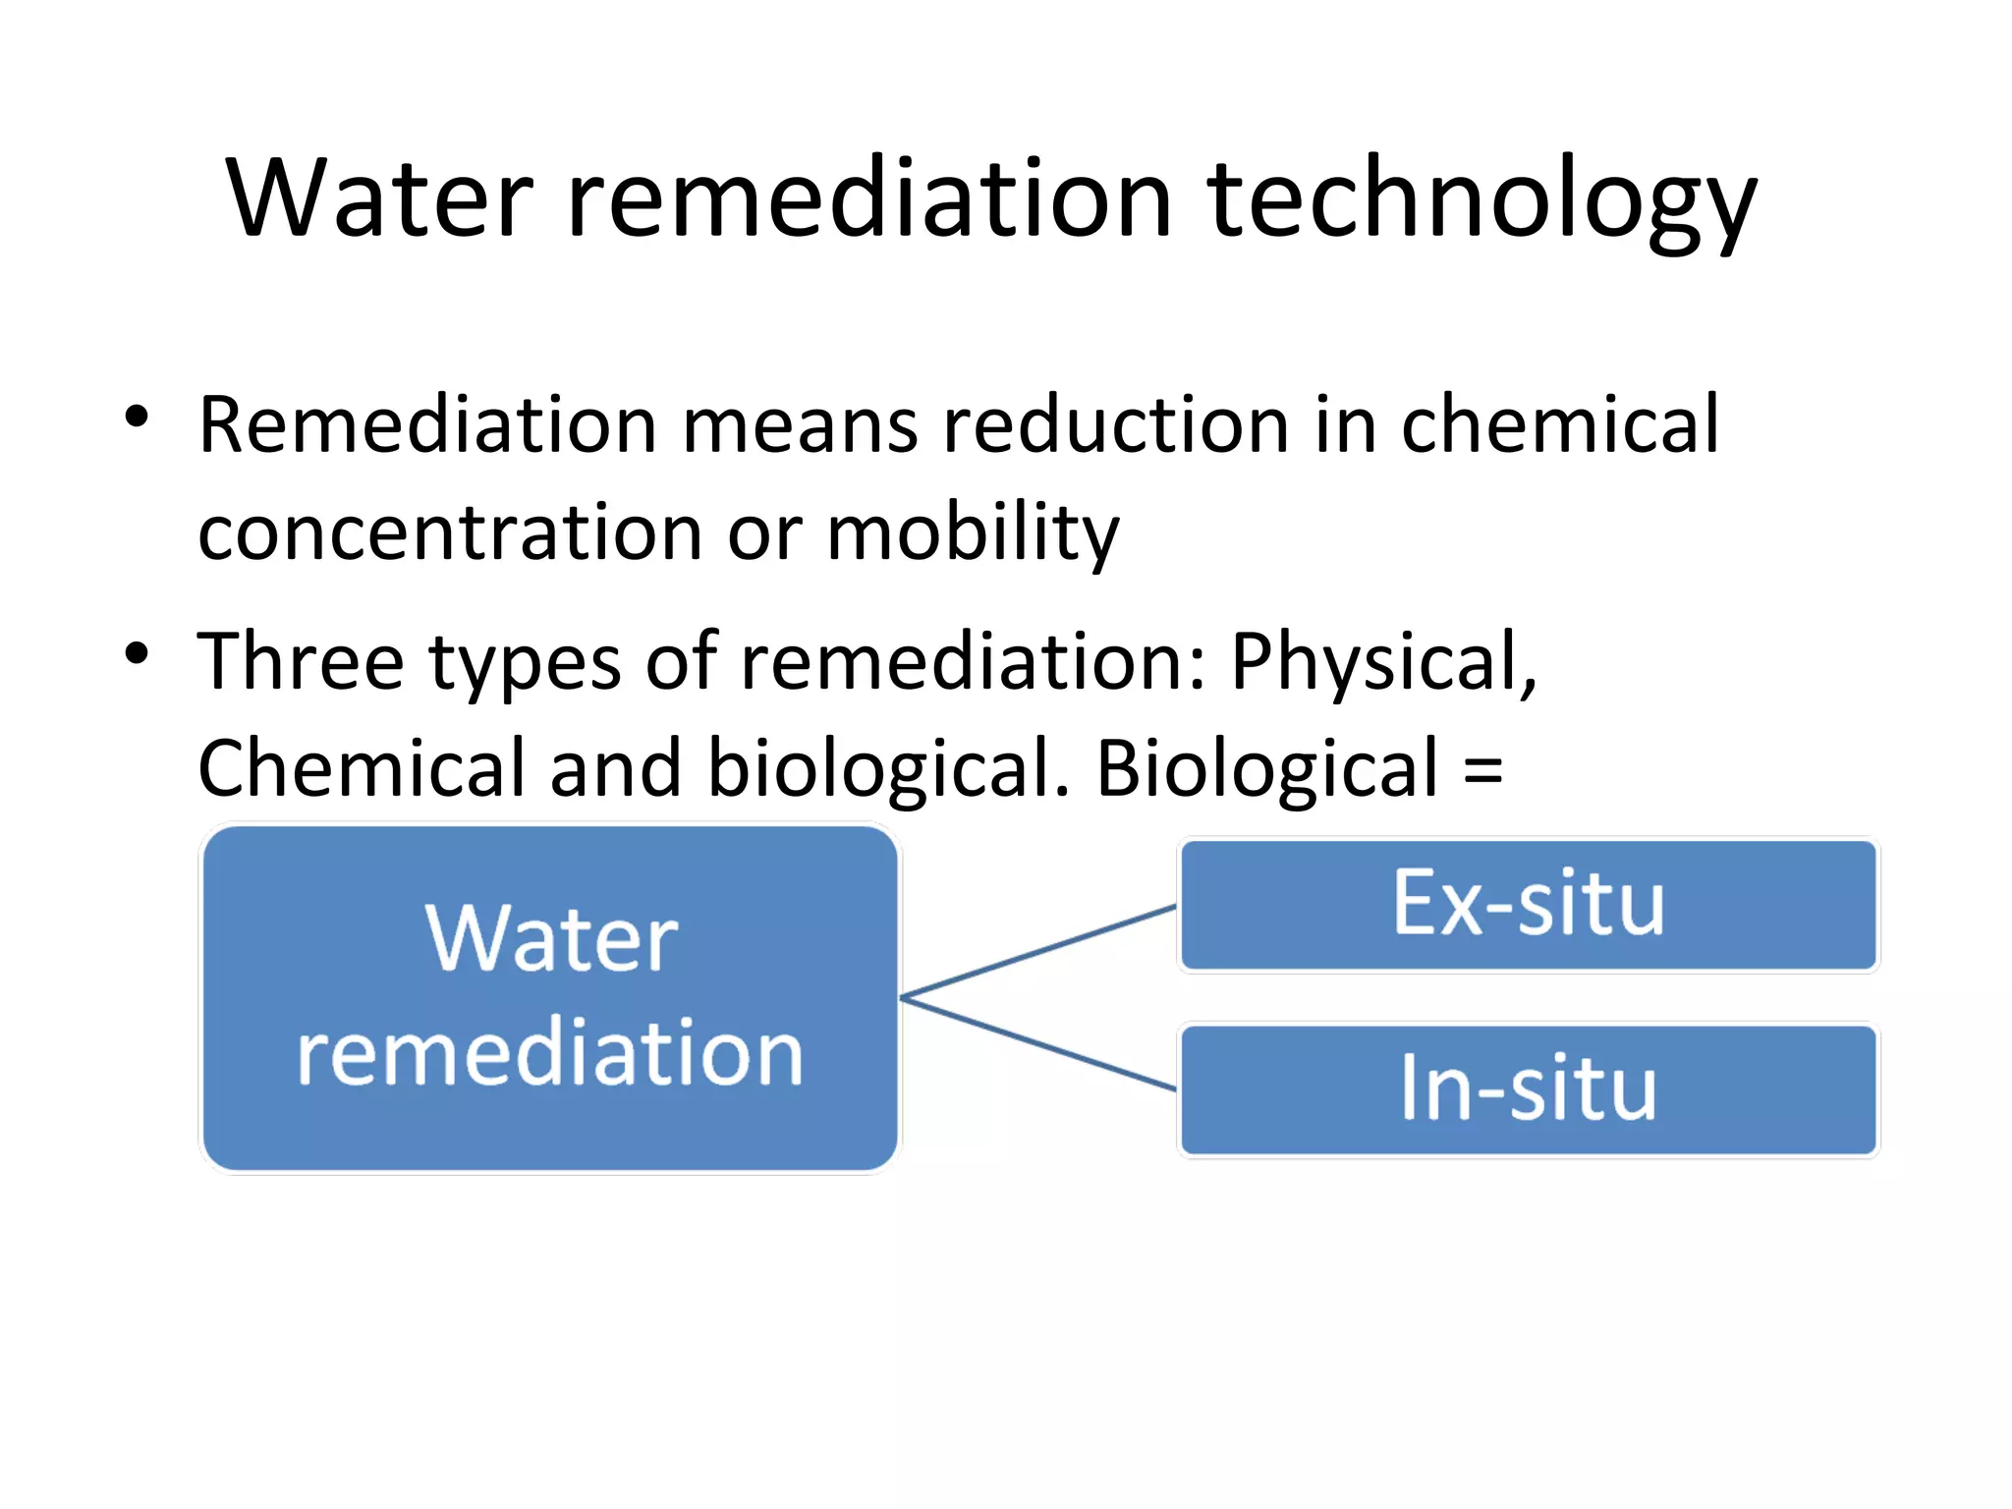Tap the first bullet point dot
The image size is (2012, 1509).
(137, 417)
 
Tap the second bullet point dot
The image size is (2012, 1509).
(137, 653)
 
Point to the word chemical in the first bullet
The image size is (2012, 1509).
(1560, 425)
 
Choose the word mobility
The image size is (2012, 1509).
(973, 533)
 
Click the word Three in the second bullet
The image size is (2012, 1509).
(301, 662)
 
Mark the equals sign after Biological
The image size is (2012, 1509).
(1482, 770)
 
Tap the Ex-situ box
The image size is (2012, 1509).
(1528, 904)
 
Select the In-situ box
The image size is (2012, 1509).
(1528, 1090)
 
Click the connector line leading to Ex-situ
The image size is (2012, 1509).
(1037, 951)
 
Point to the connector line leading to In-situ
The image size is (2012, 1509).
(1037, 1044)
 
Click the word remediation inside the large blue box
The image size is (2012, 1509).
(550, 1054)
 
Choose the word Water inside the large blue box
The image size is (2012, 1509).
(551, 939)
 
